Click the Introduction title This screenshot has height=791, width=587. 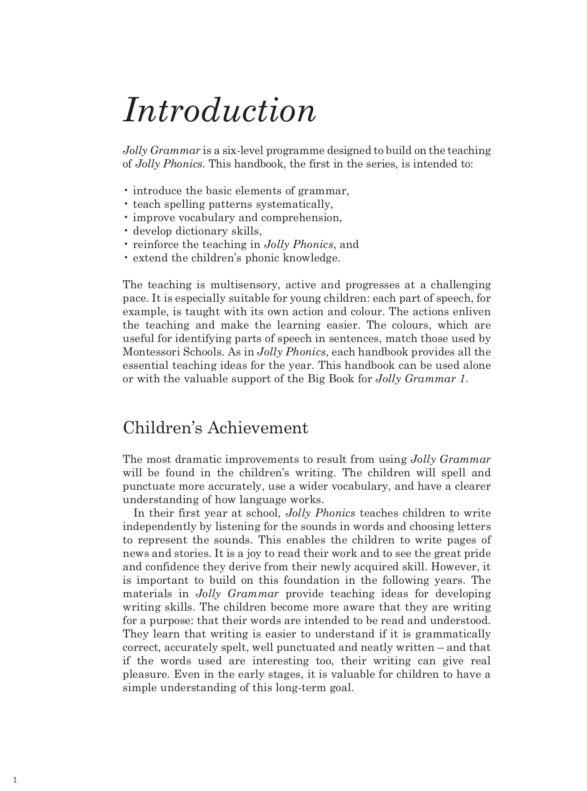[x=219, y=110]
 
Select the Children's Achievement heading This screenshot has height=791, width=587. [x=215, y=428]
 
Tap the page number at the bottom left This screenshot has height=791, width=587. [x=15, y=780]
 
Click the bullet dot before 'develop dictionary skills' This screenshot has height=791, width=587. [x=126, y=231]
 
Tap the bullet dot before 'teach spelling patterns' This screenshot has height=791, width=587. [x=126, y=205]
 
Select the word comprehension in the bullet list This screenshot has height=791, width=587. [x=302, y=218]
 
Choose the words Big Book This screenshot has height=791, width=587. [x=329, y=379]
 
